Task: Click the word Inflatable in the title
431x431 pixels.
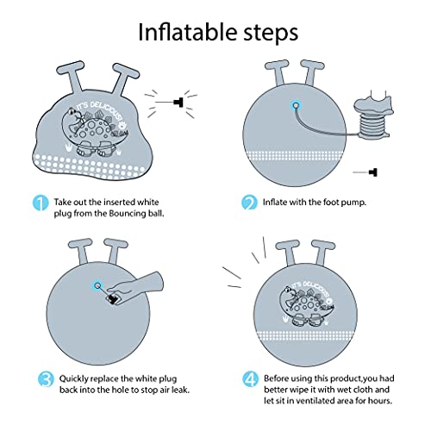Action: (x=188, y=32)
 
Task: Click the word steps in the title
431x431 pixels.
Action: (x=272, y=34)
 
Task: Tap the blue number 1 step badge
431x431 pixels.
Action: (x=41, y=203)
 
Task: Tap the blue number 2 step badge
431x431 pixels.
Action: (x=249, y=203)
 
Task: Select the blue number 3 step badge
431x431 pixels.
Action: (x=46, y=379)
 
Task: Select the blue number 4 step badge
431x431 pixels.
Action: (x=250, y=379)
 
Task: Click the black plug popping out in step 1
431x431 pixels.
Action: (x=178, y=102)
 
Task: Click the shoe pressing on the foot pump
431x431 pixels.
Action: (x=374, y=103)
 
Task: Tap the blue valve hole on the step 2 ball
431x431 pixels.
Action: (x=296, y=105)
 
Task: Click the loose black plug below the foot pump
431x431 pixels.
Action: (x=373, y=172)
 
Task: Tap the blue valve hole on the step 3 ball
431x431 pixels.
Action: (x=98, y=285)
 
